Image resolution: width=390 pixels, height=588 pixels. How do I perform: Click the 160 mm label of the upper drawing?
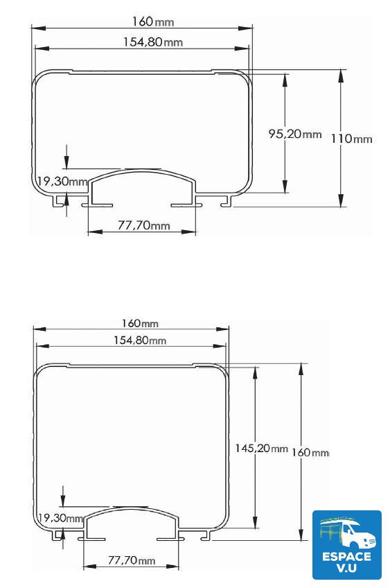142,21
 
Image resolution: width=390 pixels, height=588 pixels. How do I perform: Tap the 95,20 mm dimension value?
294,134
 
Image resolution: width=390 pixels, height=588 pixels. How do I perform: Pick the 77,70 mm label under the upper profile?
143,225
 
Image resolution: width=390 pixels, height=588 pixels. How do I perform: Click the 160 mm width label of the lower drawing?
139,323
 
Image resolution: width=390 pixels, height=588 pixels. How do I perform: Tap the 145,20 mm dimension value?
260,449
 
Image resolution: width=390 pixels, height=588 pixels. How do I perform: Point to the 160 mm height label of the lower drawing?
310,452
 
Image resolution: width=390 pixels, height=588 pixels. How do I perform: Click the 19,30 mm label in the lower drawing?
59,518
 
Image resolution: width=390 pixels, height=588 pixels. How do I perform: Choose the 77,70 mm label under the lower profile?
132,560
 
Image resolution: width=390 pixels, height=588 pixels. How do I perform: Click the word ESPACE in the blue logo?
347,555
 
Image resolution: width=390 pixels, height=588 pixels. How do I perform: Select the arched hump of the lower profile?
132,515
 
